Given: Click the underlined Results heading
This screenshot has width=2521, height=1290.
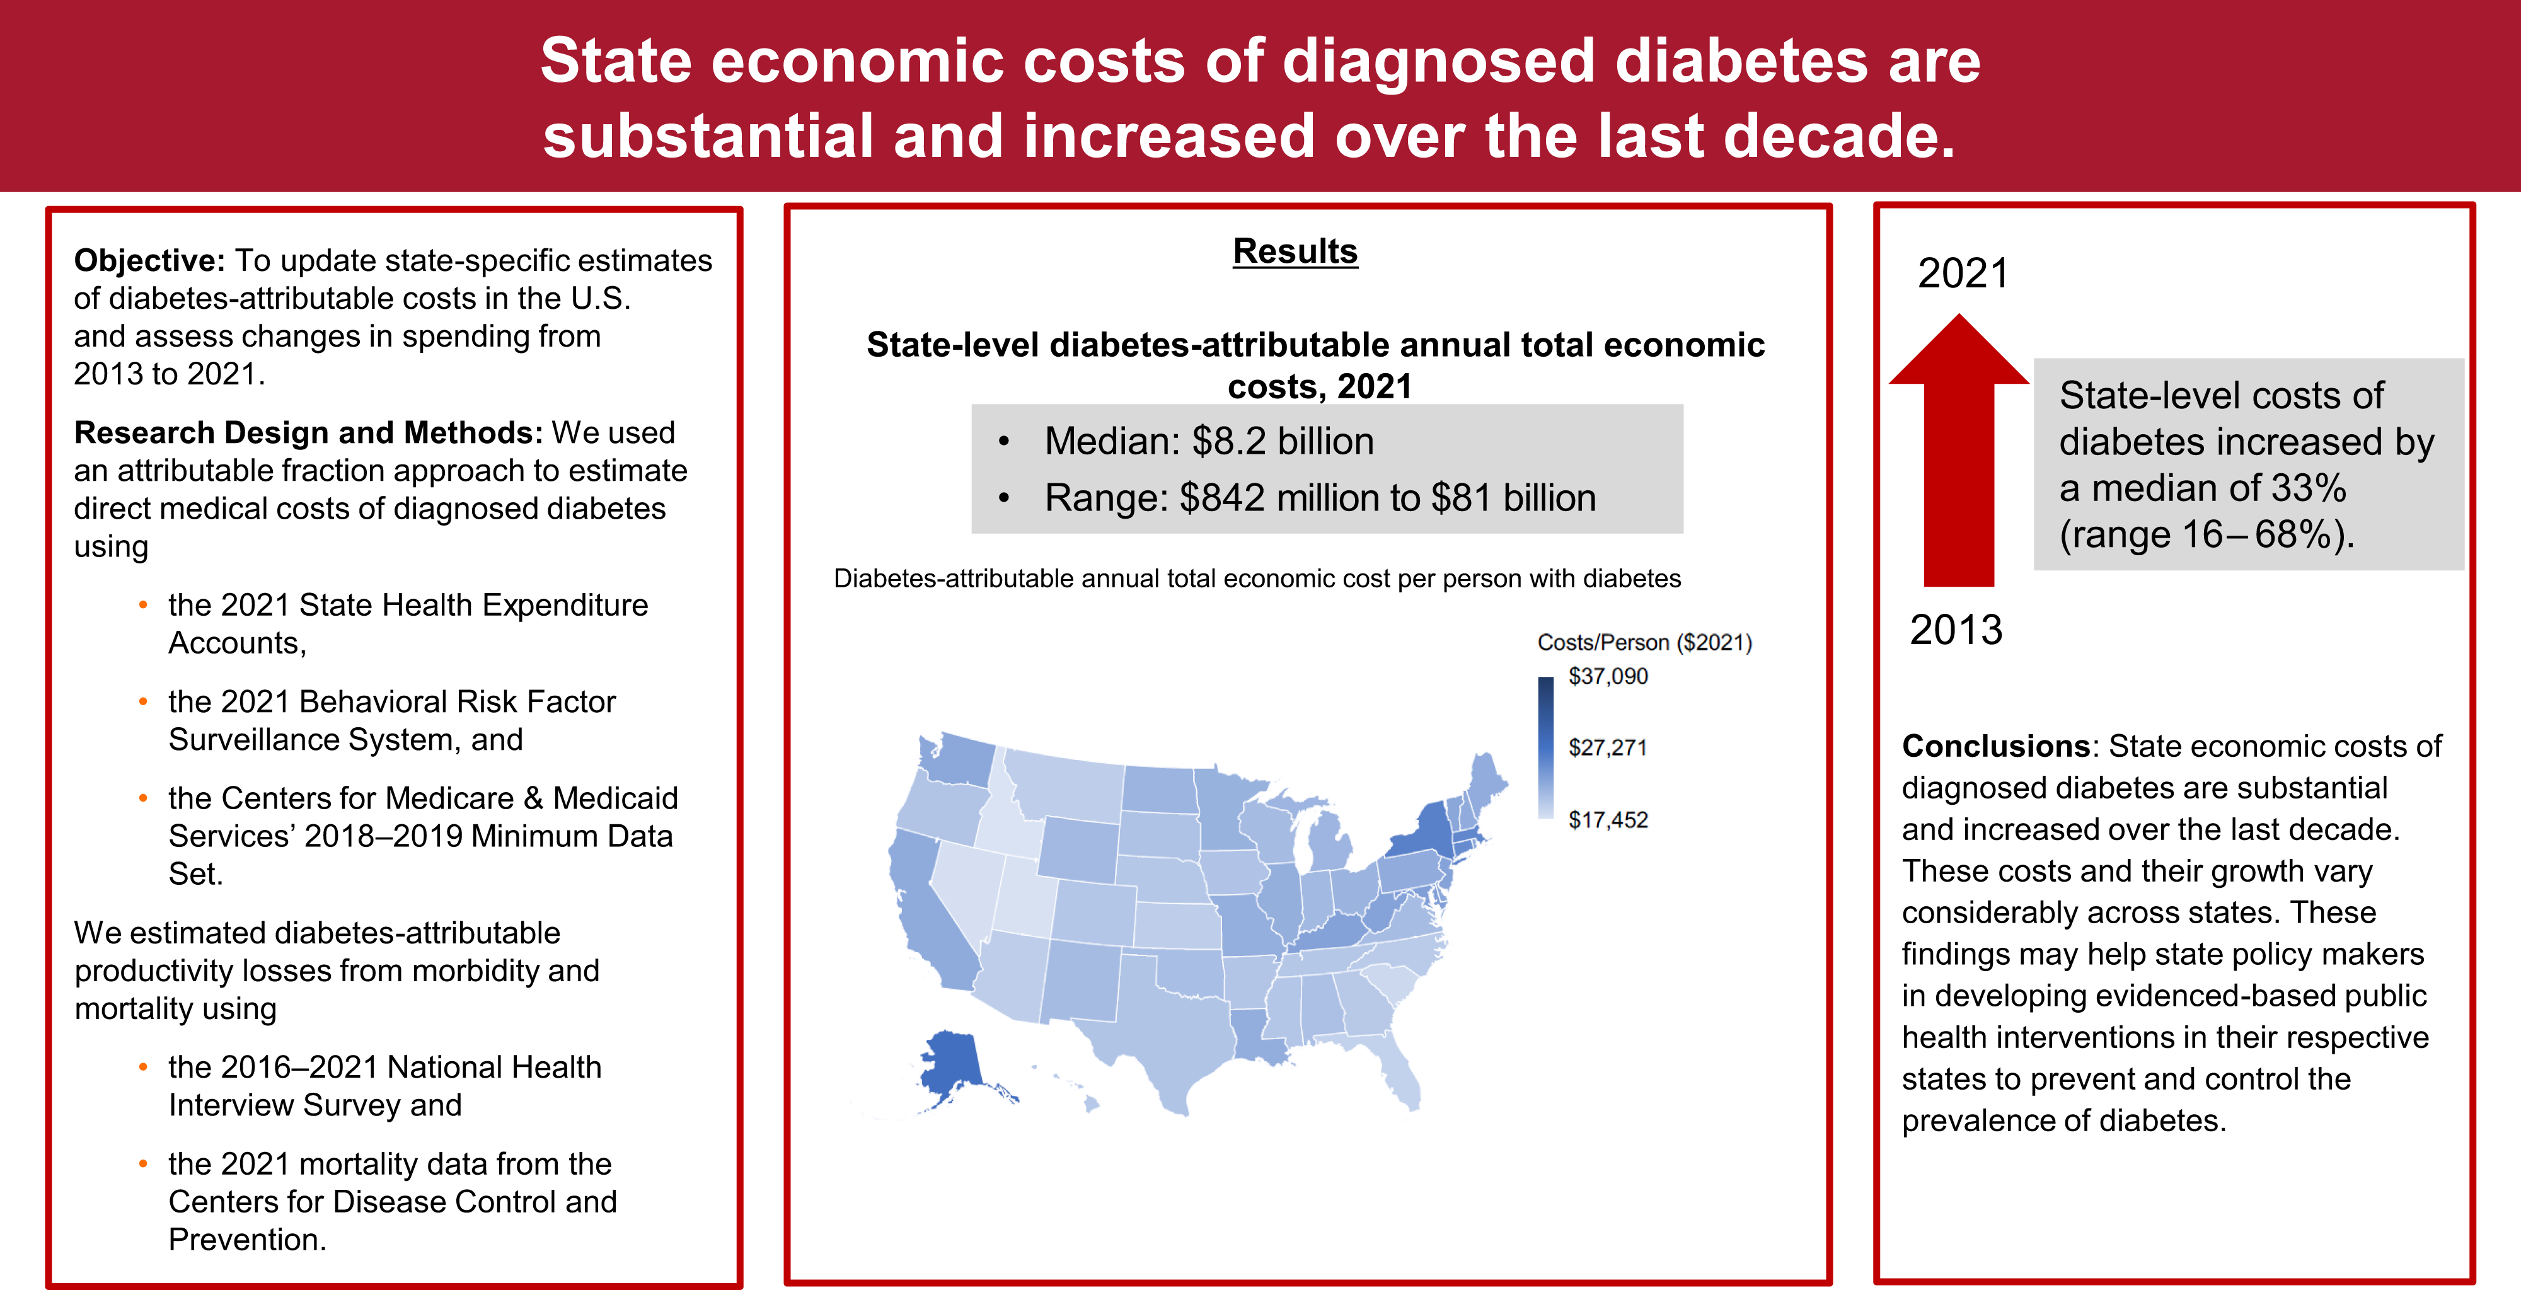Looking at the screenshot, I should click(x=1294, y=251).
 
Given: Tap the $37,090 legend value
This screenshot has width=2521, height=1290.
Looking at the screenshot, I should click(x=1607, y=676).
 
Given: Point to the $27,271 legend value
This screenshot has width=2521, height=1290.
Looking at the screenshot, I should click(x=1607, y=748).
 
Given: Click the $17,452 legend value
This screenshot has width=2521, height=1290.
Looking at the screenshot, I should click(x=1607, y=821).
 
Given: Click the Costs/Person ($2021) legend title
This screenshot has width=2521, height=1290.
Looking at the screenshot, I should click(x=1644, y=642).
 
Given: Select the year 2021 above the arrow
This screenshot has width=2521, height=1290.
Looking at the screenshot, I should click(x=1962, y=273).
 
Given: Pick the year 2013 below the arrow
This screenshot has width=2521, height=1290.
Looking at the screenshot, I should click(x=1955, y=630).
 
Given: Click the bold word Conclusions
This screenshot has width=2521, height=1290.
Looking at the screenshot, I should click(x=1995, y=746).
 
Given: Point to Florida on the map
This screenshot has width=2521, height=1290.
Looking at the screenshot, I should click(x=1395, y=1072).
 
